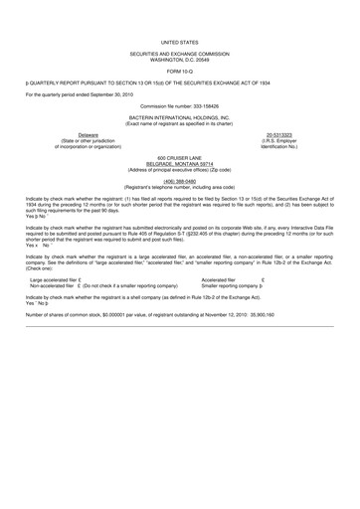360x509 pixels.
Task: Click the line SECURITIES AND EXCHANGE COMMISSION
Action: pos(179,61)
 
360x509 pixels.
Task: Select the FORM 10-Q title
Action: pos(179,78)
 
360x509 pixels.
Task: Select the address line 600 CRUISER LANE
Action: pos(179,178)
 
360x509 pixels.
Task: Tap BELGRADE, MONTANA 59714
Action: pos(179,184)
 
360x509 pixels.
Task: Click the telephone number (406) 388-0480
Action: pos(179,201)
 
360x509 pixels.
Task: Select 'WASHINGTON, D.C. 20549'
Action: pos(179,67)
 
